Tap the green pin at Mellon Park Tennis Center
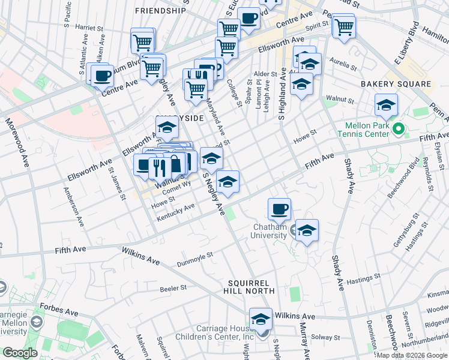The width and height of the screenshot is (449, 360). [x=397, y=129]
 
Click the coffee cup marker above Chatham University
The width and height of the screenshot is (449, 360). [x=279, y=209]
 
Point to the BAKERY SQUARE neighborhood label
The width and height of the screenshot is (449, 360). [x=395, y=84]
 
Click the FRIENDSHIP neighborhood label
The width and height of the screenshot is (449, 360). [x=160, y=11]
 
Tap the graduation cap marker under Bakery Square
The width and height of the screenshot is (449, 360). [x=386, y=106]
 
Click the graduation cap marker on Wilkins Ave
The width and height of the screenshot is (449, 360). [x=261, y=319]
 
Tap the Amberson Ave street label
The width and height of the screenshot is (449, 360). [x=74, y=205]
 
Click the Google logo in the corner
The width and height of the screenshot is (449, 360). [x=20, y=353]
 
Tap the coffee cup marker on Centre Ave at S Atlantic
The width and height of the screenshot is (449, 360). [x=102, y=76]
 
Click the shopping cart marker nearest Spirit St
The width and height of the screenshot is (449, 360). [x=343, y=26]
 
